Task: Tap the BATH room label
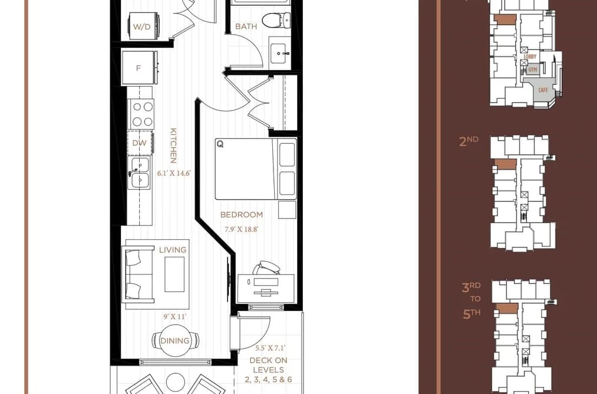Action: [x=246, y=27]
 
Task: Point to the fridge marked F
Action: [x=139, y=68]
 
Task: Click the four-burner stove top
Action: [x=142, y=114]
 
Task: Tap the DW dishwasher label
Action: [x=139, y=143]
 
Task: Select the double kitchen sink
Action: [x=138, y=173]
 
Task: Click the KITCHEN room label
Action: [x=173, y=145]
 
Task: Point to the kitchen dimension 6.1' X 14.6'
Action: [x=174, y=173]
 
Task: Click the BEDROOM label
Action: [x=242, y=214]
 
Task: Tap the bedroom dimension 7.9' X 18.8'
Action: [x=242, y=229]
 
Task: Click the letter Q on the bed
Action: [x=220, y=144]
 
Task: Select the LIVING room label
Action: [x=173, y=250]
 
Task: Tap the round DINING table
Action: [x=175, y=340]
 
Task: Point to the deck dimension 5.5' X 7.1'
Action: [x=271, y=347]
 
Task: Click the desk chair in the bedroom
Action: [x=266, y=268]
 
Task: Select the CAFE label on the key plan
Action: [x=543, y=90]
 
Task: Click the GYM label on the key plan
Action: [x=532, y=69]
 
